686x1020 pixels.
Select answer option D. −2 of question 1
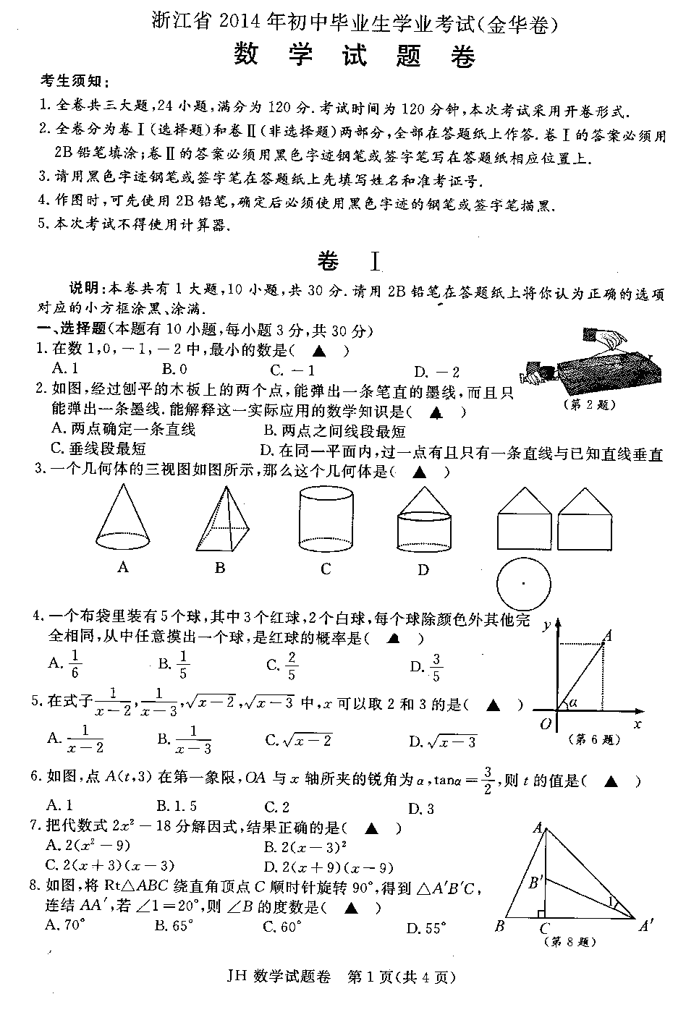pos(436,372)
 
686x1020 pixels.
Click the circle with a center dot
pos(523,583)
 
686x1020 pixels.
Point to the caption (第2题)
pos(589,404)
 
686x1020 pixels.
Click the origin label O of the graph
pos(546,724)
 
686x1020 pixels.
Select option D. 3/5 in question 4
pos(427,667)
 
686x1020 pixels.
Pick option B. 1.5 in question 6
pos(177,805)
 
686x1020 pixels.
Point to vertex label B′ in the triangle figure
pos(535,883)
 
